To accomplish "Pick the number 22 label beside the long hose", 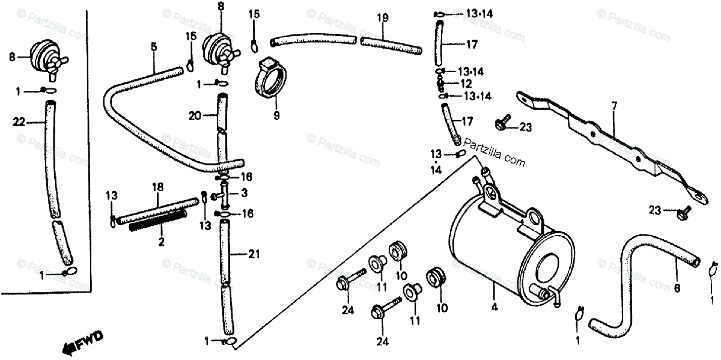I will coord(19,122).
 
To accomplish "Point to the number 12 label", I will coord(466,83).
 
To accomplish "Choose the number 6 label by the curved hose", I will coord(677,288).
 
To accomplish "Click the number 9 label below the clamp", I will coord(277,115).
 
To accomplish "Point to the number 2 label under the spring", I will coord(161,242).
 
